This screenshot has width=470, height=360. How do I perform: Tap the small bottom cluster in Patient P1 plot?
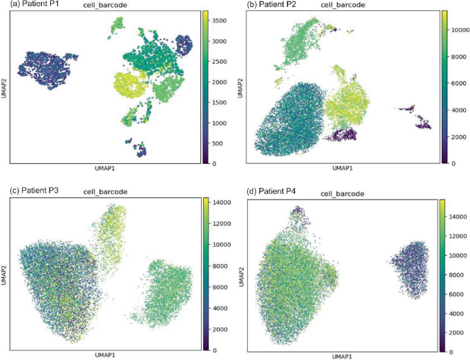pos(136,147)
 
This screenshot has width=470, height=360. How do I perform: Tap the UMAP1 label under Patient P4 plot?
pos(341,356)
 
